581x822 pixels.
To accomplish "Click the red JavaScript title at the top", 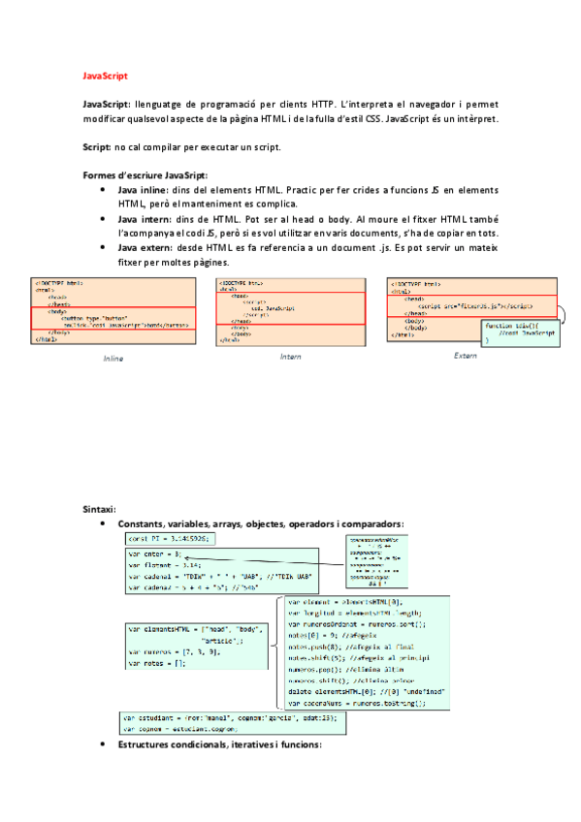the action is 105,75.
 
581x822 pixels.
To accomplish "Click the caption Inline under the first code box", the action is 113,359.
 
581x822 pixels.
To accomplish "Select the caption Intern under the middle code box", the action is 290,357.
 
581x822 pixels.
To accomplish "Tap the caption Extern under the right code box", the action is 466,356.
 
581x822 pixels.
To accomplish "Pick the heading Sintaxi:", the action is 100,509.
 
